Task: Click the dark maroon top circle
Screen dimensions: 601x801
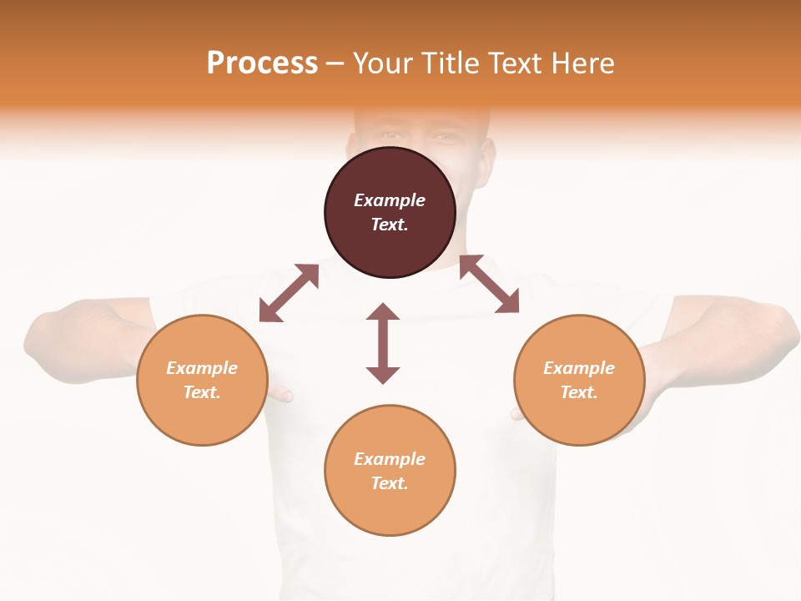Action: (x=390, y=213)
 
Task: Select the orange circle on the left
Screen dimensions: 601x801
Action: (x=202, y=380)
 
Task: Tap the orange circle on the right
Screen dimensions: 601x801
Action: (x=579, y=380)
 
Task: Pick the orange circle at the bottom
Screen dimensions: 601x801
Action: (x=390, y=471)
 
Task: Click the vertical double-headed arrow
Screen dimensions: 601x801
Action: (x=383, y=343)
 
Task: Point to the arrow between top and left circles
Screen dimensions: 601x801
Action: (x=289, y=293)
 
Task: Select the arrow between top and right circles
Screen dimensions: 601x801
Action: (x=489, y=284)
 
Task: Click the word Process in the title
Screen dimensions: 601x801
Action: (x=262, y=63)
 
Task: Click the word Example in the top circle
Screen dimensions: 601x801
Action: (x=390, y=200)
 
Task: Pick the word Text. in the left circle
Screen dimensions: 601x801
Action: (x=202, y=392)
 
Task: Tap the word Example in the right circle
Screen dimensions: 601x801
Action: (x=579, y=368)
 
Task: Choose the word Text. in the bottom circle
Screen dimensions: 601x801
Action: (x=390, y=483)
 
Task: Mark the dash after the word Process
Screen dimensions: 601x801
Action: (x=335, y=63)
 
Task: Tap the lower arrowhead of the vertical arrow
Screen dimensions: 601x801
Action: (x=383, y=375)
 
